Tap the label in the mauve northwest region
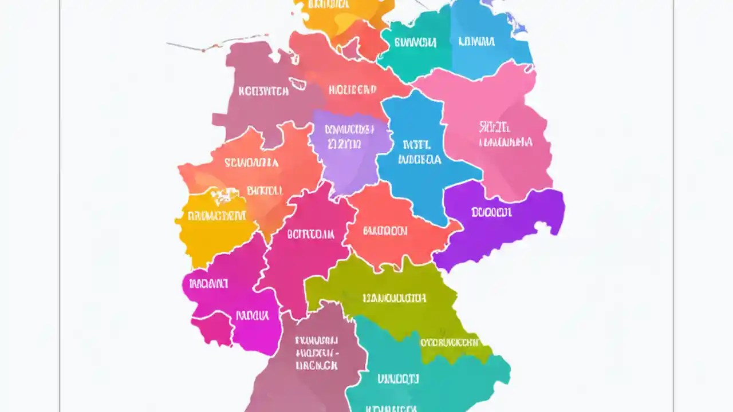click(263, 90)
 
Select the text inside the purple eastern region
click(491, 212)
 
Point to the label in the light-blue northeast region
click(476, 41)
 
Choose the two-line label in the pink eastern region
click(506, 134)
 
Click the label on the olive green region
click(395, 298)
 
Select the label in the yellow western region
click(217, 216)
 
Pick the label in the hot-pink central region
click(310, 233)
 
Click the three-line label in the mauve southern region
click(316, 352)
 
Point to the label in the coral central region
click(385, 231)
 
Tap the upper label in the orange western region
click(251, 163)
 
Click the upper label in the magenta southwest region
click(208, 283)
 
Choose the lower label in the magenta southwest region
click(252, 315)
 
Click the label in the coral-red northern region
click(352, 89)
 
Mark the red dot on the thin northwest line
click(203, 49)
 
